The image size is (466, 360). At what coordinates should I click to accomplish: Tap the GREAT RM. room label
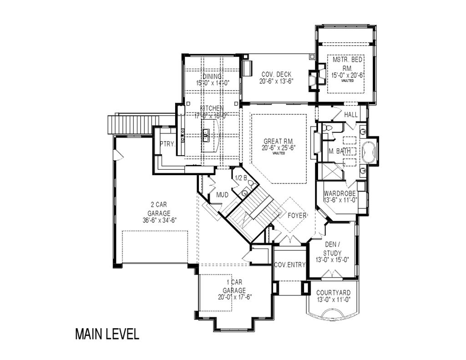click(279, 141)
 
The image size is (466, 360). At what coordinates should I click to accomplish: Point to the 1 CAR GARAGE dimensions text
click(234, 297)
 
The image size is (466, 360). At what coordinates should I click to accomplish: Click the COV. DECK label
click(276, 75)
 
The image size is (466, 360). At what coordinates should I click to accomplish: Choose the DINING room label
click(212, 76)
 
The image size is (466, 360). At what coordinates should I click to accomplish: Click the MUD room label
click(222, 195)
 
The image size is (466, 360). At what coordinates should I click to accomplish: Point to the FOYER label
click(298, 215)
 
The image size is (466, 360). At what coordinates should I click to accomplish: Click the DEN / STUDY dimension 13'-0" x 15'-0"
click(332, 260)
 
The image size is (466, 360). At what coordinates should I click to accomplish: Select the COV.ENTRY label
click(289, 265)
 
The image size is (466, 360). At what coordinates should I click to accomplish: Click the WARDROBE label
click(340, 193)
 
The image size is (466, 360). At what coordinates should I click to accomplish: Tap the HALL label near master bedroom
click(350, 115)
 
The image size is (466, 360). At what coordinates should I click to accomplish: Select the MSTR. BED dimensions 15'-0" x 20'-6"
click(347, 75)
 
